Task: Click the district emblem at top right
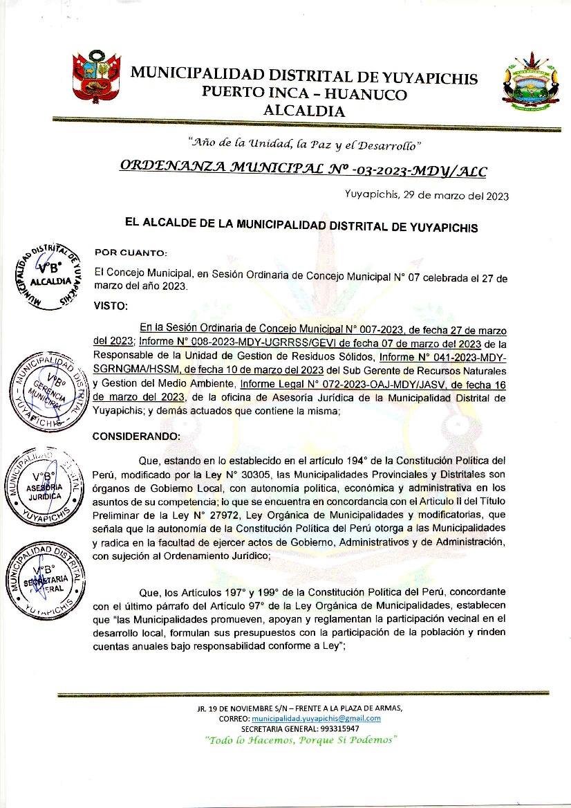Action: click(x=531, y=84)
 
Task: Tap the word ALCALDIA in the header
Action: click(x=304, y=110)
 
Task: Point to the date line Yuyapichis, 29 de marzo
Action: click(x=427, y=196)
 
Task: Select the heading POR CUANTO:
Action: click(x=131, y=252)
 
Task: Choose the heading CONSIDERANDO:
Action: click(x=136, y=437)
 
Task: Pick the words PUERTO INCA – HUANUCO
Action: click(x=304, y=94)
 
